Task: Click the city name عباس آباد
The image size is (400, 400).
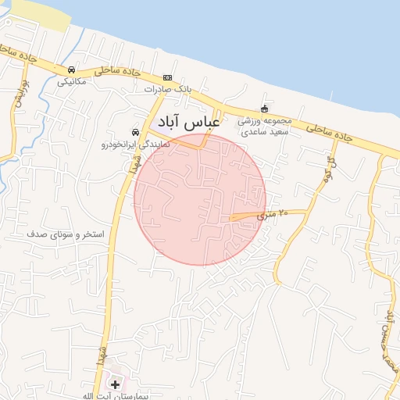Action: tap(189, 123)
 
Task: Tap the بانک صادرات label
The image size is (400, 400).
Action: tap(166, 89)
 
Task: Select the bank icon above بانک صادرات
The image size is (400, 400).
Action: tap(167, 78)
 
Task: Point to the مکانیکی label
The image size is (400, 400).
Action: tap(71, 81)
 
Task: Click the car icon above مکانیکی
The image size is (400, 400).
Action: tap(72, 70)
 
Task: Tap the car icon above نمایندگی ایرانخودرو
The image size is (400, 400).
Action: tap(136, 132)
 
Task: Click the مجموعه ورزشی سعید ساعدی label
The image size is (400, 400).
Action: tap(264, 127)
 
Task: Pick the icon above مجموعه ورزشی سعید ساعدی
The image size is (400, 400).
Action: tap(264, 109)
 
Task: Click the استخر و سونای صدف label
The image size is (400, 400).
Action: tap(60, 234)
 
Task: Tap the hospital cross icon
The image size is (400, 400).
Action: tap(116, 384)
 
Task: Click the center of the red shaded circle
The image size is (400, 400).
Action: tap(200, 199)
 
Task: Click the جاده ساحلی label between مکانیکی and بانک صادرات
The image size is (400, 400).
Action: tap(116, 71)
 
